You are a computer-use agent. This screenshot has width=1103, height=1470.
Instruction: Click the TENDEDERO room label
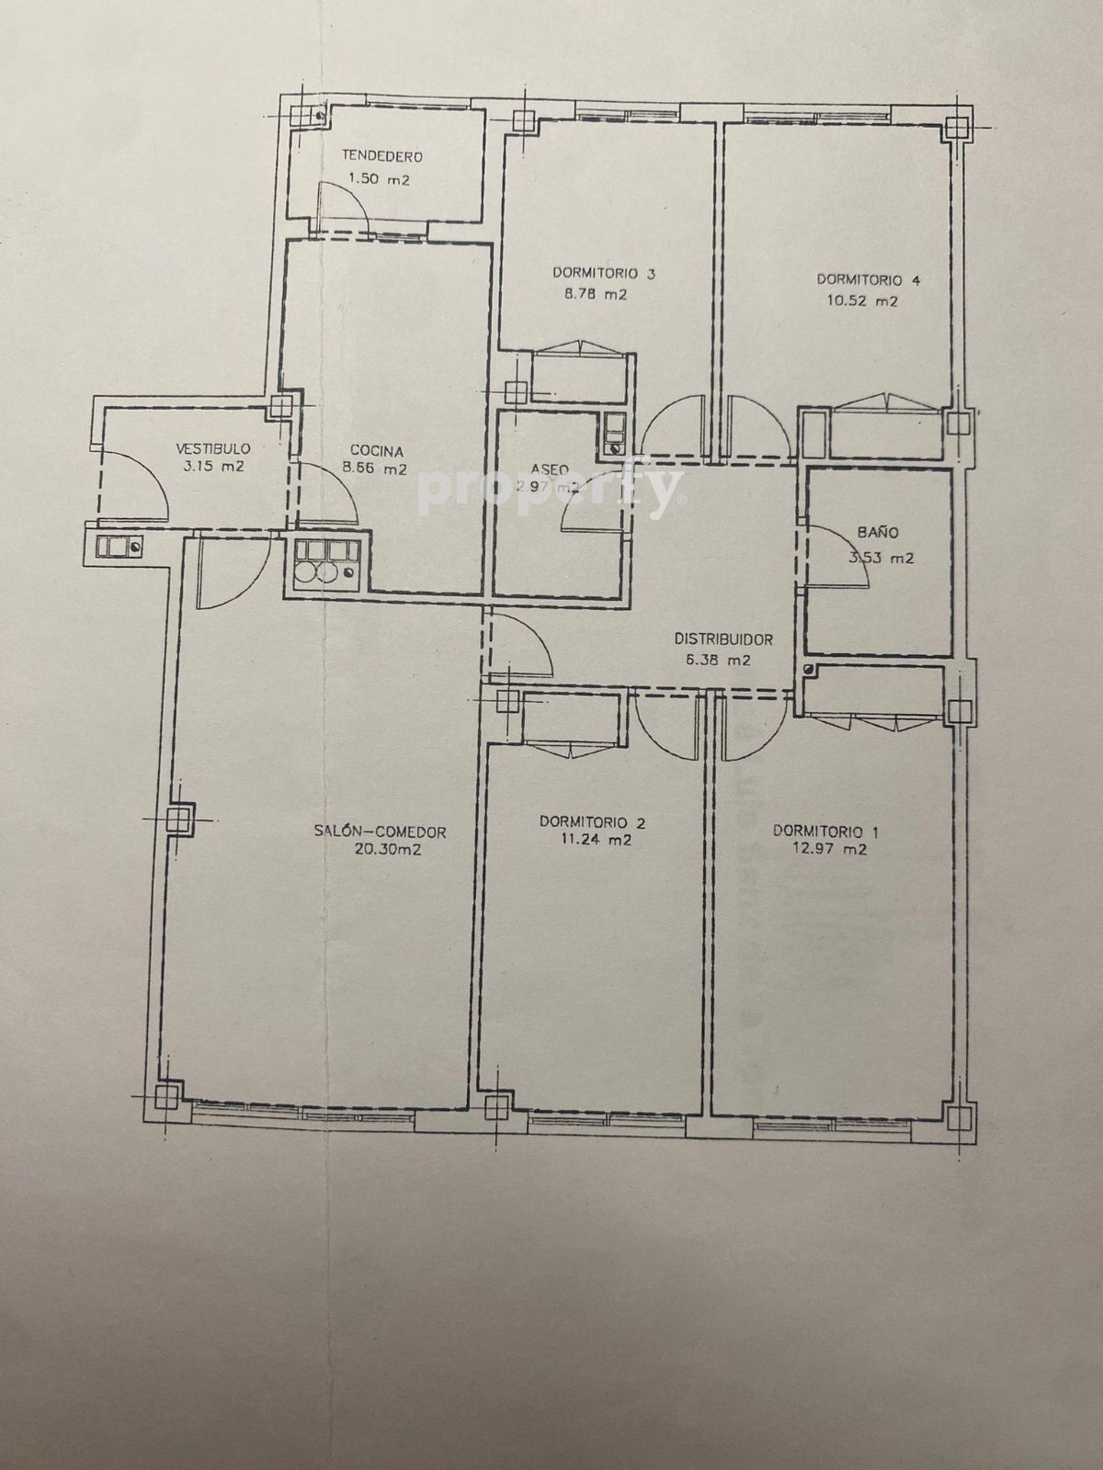pos(382,157)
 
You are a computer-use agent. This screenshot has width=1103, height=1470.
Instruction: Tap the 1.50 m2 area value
pos(379,179)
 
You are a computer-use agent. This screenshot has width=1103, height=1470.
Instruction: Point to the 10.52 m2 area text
pos(858,300)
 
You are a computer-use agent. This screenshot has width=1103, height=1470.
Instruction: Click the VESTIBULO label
pos(213,447)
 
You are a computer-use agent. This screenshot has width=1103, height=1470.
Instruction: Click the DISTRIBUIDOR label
pos(723,639)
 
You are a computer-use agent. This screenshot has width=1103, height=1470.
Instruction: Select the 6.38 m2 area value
pos(719,661)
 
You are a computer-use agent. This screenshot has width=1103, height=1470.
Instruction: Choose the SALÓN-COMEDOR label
pos(381,832)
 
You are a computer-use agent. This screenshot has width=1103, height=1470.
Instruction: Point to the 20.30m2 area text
pos(380,851)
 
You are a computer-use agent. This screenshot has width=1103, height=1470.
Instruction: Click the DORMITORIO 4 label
pos(869,280)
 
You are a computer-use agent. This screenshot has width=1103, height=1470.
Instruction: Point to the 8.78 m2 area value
pos(595,294)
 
